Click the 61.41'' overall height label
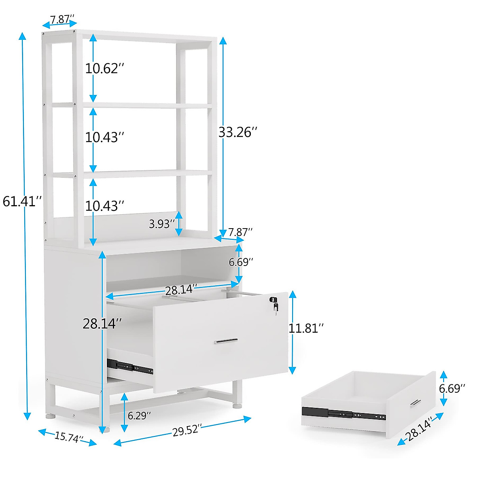pyautogui.click(x=22, y=202)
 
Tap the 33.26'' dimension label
pyautogui.click(x=238, y=132)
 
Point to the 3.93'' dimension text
pyautogui.click(x=162, y=224)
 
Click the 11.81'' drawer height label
pyautogui.click(x=306, y=328)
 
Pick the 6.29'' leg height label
pyautogui.click(x=139, y=416)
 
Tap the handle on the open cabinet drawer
pyautogui.click(x=226, y=341)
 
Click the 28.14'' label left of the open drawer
pyautogui.click(x=102, y=324)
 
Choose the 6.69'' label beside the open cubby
pyautogui.click(x=240, y=262)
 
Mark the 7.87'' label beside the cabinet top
pyautogui.click(x=240, y=232)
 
